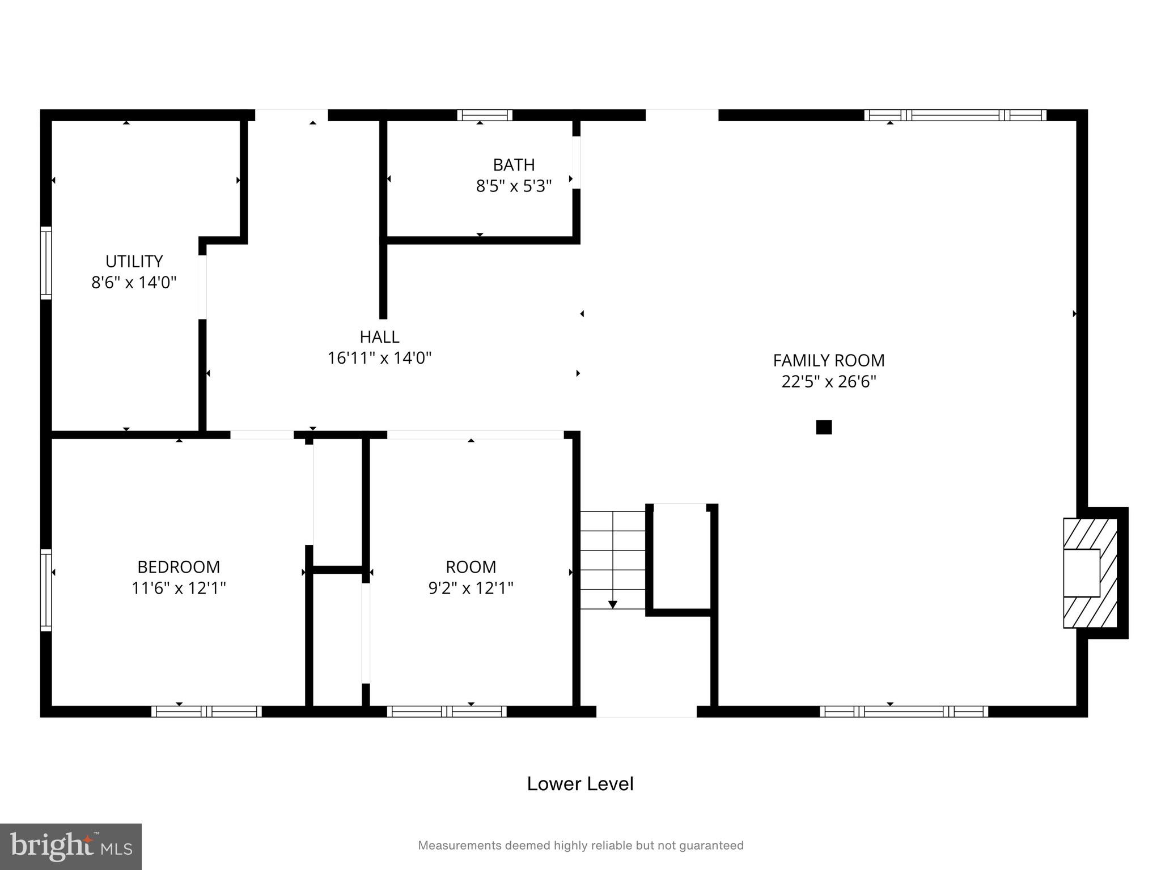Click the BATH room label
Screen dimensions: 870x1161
(514, 165)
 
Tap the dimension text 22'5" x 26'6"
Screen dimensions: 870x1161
(829, 382)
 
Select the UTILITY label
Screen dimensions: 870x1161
(134, 261)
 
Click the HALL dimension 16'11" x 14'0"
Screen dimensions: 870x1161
(379, 358)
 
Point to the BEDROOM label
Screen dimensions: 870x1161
(179, 567)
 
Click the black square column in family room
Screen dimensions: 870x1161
(824, 427)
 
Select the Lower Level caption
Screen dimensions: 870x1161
(580, 784)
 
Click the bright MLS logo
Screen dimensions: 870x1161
(71, 846)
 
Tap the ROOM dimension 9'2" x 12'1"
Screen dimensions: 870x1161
(471, 588)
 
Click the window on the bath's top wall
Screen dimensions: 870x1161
(485, 115)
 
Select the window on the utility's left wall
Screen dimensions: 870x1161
(46, 263)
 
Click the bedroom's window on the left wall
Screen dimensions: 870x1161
(46, 590)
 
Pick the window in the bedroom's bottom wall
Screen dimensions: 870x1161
(206, 711)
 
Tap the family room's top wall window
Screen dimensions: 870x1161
(955, 115)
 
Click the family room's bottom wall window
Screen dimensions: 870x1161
(904, 711)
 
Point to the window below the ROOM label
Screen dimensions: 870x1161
(447, 711)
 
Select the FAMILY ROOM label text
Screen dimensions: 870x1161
(829, 360)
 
